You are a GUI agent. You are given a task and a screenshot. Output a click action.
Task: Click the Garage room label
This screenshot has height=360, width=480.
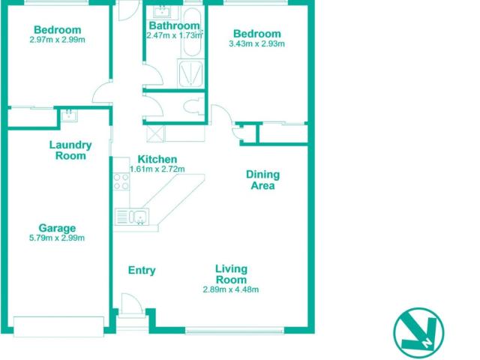click(x=57, y=228)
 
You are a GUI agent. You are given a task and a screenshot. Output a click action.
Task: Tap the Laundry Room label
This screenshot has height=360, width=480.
click(x=70, y=150)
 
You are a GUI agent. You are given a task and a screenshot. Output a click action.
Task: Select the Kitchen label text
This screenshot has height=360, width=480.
click(x=157, y=159)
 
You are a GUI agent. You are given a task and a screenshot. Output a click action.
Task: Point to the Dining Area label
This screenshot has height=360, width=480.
click(x=262, y=180)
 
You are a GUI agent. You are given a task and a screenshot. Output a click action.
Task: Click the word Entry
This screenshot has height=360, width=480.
click(x=142, y=270)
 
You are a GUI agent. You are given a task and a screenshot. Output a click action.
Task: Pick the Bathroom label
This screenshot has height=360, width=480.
click(x=174, y=25)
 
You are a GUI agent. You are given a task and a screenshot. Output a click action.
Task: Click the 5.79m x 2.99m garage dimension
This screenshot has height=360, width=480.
click(x=57, y=238)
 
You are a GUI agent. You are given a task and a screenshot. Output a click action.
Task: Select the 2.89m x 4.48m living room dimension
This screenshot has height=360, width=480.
click(x=231, y=289)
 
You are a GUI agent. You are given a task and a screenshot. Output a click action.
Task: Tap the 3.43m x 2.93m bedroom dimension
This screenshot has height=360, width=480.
click(x=256, y=43)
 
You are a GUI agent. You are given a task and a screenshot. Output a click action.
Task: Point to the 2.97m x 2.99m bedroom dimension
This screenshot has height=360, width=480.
click(x=57, y=40)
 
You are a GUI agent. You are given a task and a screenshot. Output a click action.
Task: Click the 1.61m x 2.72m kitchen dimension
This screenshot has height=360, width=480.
click(x=157, y=169)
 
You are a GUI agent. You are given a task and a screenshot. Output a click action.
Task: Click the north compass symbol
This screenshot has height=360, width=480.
click(x=418, y=333)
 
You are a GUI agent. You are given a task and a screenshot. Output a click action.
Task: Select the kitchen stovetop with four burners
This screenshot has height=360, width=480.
click(x=121, y=181)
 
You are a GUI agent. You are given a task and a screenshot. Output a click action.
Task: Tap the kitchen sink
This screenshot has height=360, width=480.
click(x=132, y=217)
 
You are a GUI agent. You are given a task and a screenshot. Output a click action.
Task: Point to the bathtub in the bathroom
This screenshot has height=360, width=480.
click(x=191, y=31)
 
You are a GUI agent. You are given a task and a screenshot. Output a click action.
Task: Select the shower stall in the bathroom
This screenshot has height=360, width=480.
click(x=190, y=73)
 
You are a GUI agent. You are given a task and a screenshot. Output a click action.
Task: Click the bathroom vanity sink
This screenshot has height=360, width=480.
click(x=162, y=13)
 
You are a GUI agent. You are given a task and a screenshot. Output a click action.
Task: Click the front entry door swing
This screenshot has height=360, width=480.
click(x=132, y=303)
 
